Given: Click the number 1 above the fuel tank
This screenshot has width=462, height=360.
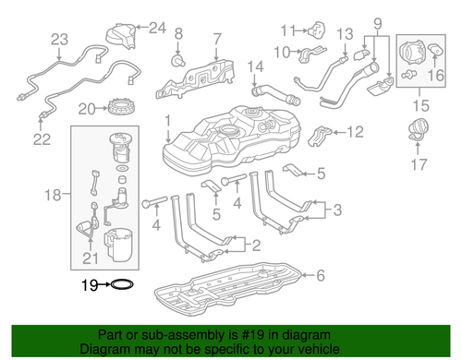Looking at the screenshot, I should [x=167, y=122].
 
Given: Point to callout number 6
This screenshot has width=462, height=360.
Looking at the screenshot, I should [x=321, y=275].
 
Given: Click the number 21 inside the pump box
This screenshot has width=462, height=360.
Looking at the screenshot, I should [x=91, y=257].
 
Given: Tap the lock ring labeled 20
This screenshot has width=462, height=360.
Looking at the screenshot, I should [x=121, y=110].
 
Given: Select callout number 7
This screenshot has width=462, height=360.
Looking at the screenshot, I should [x=218, y=39].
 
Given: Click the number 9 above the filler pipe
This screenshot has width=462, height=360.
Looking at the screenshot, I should [x=377, y=20].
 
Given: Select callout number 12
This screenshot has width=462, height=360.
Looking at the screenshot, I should [x=356, y=131].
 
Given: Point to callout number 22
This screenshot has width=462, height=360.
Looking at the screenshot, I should [x=42, y=139].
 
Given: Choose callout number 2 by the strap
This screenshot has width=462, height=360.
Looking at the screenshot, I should [x=256, y=246].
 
